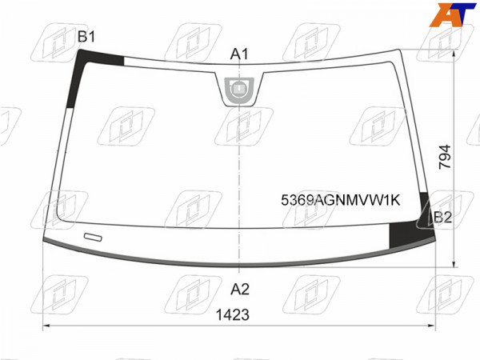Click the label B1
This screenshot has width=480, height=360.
86,37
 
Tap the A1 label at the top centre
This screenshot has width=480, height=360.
239,54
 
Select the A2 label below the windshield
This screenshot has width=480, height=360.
240,289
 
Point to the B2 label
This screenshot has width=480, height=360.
442,218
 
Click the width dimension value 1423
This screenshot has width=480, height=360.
233,314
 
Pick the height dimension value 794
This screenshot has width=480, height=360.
445,157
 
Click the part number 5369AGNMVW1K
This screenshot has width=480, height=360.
341,201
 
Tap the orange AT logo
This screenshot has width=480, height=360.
453,14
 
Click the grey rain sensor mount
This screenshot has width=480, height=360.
239,90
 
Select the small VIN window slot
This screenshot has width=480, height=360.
93,237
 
